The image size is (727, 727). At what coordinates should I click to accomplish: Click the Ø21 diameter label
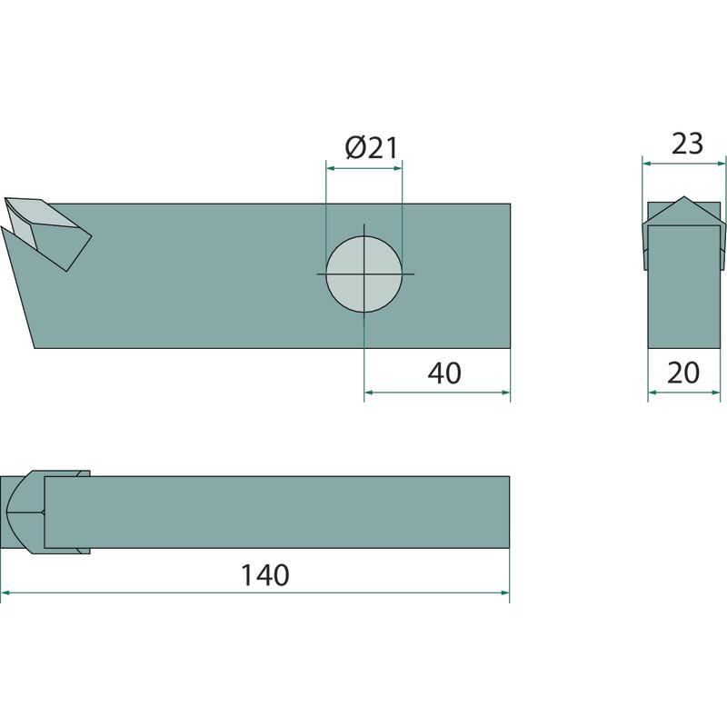tap(372, 147)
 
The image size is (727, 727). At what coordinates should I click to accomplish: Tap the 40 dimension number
tap(444, 373)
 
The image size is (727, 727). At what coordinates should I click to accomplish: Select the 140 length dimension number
tap(265, 575)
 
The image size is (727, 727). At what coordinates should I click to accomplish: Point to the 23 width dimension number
tap(687, 144)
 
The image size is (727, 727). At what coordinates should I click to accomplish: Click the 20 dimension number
tap(683, 373)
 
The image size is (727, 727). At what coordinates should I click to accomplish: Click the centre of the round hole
tap(364, 274)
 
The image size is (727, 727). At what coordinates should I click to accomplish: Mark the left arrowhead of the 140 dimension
tap(5, 593)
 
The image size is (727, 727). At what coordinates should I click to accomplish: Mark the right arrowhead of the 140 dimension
tap(504, 593)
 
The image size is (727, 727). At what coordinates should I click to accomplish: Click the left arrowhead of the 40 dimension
tap(369, 393)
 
